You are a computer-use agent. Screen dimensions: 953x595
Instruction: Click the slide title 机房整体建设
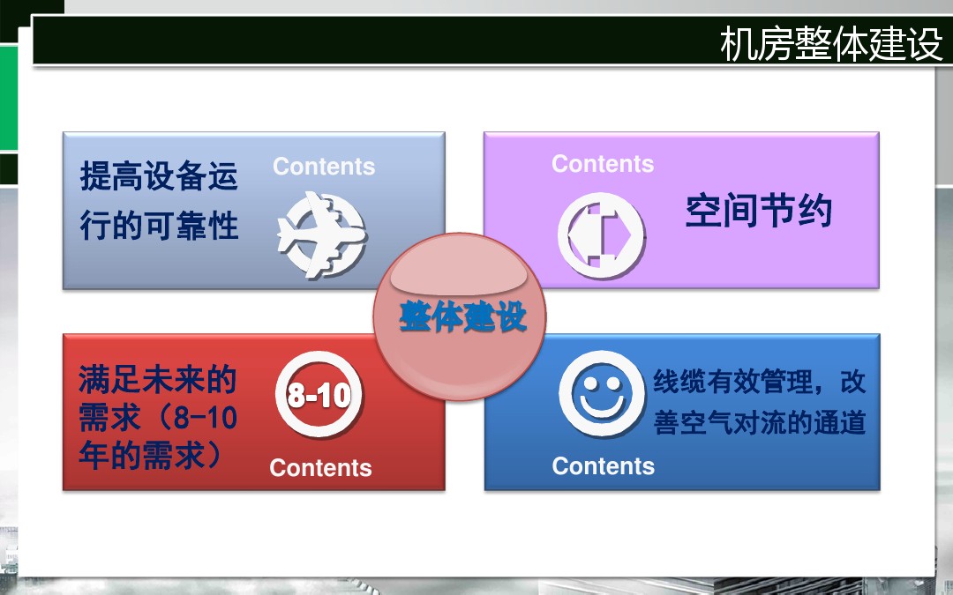click(831, 43)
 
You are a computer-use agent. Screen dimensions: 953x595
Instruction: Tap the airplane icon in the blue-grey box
click(322, 235)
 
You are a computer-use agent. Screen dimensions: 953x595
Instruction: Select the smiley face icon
click(602, 394)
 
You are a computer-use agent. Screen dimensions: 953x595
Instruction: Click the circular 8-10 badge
click(319, 394)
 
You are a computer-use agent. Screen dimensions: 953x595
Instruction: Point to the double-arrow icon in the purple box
click(602, 235)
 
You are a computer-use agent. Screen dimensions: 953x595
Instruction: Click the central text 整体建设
click(462, 316)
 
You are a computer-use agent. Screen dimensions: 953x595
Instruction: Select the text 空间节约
click(759, 211)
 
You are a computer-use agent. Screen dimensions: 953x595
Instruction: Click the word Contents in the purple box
click(603, 164)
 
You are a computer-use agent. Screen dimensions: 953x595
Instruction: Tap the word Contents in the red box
click(320, 468)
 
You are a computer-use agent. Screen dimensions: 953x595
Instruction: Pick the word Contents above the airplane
click(324, 167)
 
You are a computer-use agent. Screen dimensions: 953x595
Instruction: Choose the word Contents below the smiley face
click(604, 466)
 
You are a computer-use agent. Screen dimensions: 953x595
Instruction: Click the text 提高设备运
click(159, 176)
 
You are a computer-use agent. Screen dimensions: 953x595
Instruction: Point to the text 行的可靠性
click(159, 226)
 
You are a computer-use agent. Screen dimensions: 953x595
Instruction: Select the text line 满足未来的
click(157, 379)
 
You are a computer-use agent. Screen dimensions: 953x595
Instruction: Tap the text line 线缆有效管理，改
click(760, 382)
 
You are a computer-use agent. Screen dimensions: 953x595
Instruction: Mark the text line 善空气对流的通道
click(760, 422)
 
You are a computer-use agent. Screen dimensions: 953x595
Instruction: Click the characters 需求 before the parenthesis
click(110, 417)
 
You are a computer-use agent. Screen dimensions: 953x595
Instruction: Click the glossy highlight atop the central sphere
click(459, 272)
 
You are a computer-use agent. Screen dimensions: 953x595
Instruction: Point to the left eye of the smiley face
click(589, 383)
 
